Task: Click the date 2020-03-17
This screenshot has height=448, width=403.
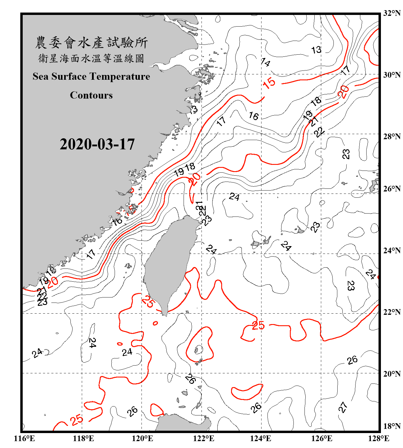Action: coord(97,144)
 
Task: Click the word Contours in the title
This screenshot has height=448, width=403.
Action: coord(91,95)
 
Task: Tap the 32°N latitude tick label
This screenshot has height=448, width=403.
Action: coord(392,13)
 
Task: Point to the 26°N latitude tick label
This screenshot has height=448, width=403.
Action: coord(392,189)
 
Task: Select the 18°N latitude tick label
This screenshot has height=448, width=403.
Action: coord(392,426)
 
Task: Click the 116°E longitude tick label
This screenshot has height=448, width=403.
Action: coord(24,438)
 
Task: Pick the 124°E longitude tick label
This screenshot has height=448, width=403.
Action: coord(261,438)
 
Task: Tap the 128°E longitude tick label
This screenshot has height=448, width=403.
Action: coord(379,438)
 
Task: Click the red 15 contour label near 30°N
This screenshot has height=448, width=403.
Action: coord(269,83)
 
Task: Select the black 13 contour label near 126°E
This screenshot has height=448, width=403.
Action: coord(316,50)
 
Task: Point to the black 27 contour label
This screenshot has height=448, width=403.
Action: coord(343,407)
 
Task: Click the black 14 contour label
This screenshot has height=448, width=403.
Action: coord(265,62)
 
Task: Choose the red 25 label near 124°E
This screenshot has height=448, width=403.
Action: coord(258,325)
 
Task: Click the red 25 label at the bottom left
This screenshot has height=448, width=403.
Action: coord(77,420)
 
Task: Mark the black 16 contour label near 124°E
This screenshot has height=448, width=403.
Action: coord(253,116)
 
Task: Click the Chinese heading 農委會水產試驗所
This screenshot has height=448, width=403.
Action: coord(91,43)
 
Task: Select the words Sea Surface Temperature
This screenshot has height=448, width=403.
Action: coord(91,76)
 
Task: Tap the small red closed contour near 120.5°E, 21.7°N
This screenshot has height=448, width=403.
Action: coord(155,323)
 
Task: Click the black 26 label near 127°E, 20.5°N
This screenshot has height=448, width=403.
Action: coord(352,360)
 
